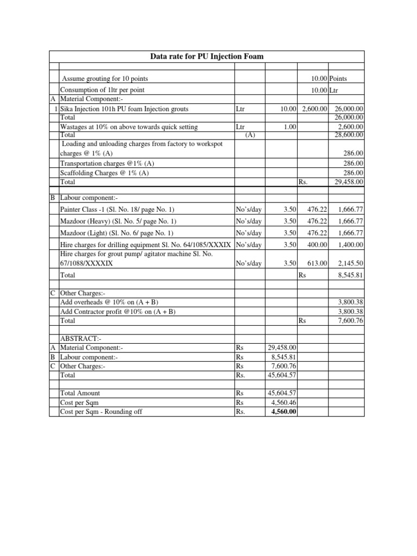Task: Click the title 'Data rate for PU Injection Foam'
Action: pos(207,56)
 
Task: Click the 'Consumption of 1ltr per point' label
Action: pos(102,90)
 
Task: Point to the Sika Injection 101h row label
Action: pos(124,109)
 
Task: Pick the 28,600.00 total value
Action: pos(349,135)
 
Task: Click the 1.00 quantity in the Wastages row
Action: pos(287,127)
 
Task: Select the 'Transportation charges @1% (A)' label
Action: pos(107,163)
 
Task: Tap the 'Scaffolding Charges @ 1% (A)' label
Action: pos(105,173)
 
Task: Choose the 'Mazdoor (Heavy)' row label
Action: pos(118,221)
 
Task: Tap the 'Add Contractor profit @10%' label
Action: pos(118,311)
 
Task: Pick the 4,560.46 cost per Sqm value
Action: pos(281,402)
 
